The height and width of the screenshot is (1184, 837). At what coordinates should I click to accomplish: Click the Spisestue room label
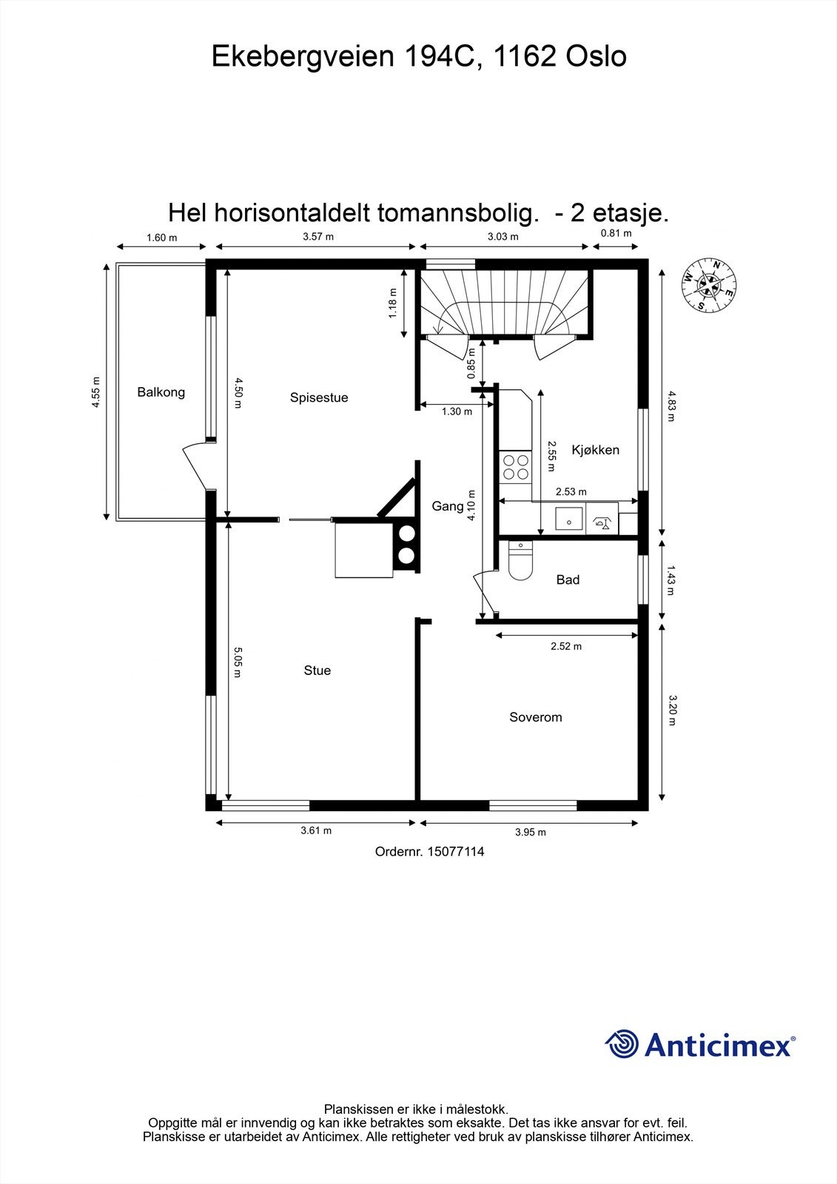319,397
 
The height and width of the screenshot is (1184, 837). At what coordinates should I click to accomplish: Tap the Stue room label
317,670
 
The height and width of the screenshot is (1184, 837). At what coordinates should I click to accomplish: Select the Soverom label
535,717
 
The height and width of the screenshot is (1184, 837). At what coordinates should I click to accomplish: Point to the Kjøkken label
595,450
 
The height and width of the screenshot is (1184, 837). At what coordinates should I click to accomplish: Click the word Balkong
161,392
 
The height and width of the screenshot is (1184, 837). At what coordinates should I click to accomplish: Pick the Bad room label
568,579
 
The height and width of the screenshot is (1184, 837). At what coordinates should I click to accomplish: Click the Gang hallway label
447,506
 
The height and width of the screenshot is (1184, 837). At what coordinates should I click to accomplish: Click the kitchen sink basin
569,519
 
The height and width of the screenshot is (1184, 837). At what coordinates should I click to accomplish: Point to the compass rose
709,285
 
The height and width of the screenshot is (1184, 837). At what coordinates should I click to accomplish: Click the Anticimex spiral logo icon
622,1044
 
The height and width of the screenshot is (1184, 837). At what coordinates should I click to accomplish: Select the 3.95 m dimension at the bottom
530,832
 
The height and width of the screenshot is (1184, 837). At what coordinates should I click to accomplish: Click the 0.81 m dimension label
616,233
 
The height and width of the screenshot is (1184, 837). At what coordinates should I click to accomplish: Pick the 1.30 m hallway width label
457,411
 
